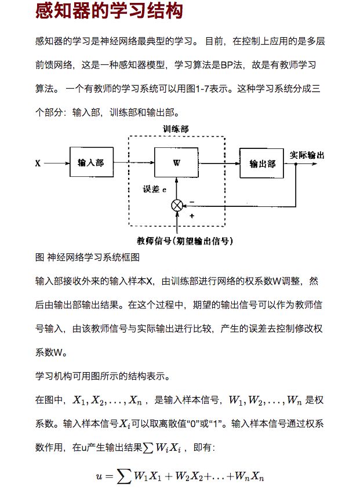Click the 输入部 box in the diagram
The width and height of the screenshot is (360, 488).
point(91,163)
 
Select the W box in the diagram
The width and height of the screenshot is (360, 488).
point(176,163)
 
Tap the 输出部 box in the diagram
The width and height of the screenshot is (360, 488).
point(262,163)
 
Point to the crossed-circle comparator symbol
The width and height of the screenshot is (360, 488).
point(177,205)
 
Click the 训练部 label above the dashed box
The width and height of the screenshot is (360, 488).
point(176,129)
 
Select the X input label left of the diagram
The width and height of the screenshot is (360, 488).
point(38,163)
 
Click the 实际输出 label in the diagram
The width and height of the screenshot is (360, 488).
point(307,155)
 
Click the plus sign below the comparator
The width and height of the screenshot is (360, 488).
point(192,215)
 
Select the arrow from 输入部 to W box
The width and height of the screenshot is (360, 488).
point(134,163)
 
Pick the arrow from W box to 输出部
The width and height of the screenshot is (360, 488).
point(219,163)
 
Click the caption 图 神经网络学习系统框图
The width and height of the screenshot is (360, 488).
point(87,257)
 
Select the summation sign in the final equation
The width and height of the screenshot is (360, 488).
point(123,476)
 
